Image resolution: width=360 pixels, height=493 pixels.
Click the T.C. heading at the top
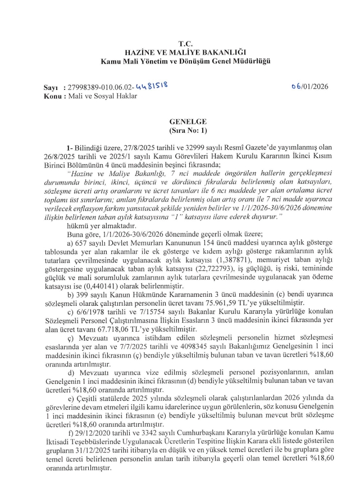point(185,43)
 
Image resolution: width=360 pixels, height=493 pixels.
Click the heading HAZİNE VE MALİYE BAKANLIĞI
point(185,52)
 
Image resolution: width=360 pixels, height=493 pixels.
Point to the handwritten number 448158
point(152,87)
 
